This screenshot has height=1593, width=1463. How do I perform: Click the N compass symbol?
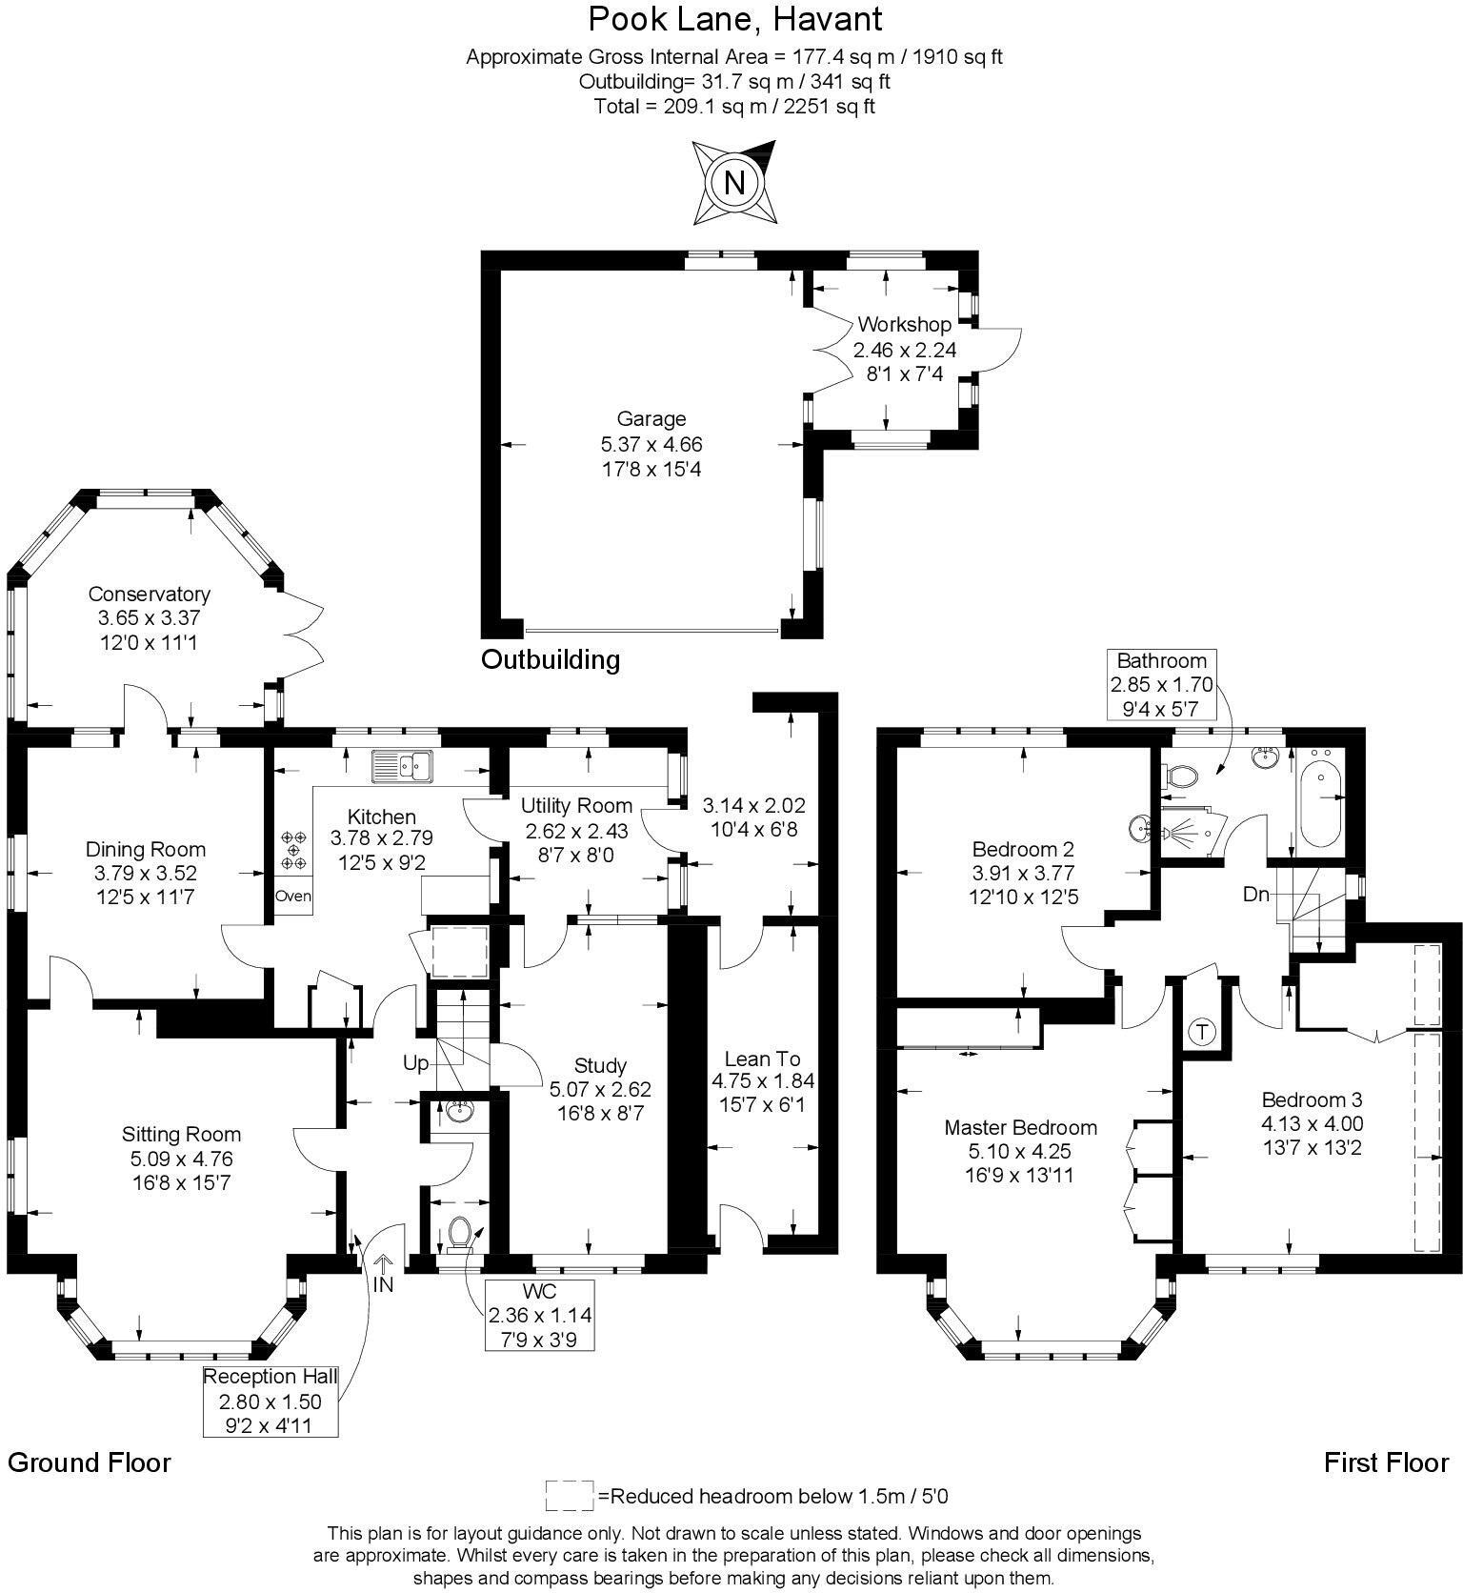733,181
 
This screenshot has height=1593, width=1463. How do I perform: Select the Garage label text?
651,419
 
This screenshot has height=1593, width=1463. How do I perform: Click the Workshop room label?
904,325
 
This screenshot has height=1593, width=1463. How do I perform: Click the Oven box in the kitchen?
292,896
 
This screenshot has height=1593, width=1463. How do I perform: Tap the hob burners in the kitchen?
293,850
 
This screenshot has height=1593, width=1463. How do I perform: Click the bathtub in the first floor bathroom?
1319,798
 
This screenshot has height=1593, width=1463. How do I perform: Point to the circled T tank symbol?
1203,1031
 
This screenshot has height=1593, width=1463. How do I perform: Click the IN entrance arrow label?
383,1283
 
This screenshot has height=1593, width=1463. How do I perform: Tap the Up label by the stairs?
416,1063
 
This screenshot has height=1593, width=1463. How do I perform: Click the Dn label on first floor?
1255,895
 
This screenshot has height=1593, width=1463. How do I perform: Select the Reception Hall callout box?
271,1401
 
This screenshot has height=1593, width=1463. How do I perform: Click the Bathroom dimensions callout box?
1161,683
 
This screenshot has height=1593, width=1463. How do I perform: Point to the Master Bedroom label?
1020,1127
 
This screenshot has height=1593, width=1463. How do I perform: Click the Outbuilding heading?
550,659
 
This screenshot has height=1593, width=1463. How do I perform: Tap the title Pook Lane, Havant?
734,18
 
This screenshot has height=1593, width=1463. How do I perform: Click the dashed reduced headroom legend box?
570,1495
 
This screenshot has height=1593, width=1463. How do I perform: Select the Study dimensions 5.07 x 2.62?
600,1089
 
